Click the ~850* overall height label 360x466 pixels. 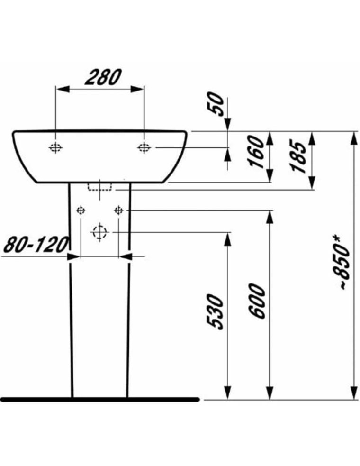pos(342,264)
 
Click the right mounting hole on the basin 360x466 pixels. pos(144,148)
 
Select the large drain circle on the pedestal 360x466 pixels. pos(99,232)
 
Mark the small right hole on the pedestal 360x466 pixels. pos(118,210)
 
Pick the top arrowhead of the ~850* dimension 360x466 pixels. pos(353,137)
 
